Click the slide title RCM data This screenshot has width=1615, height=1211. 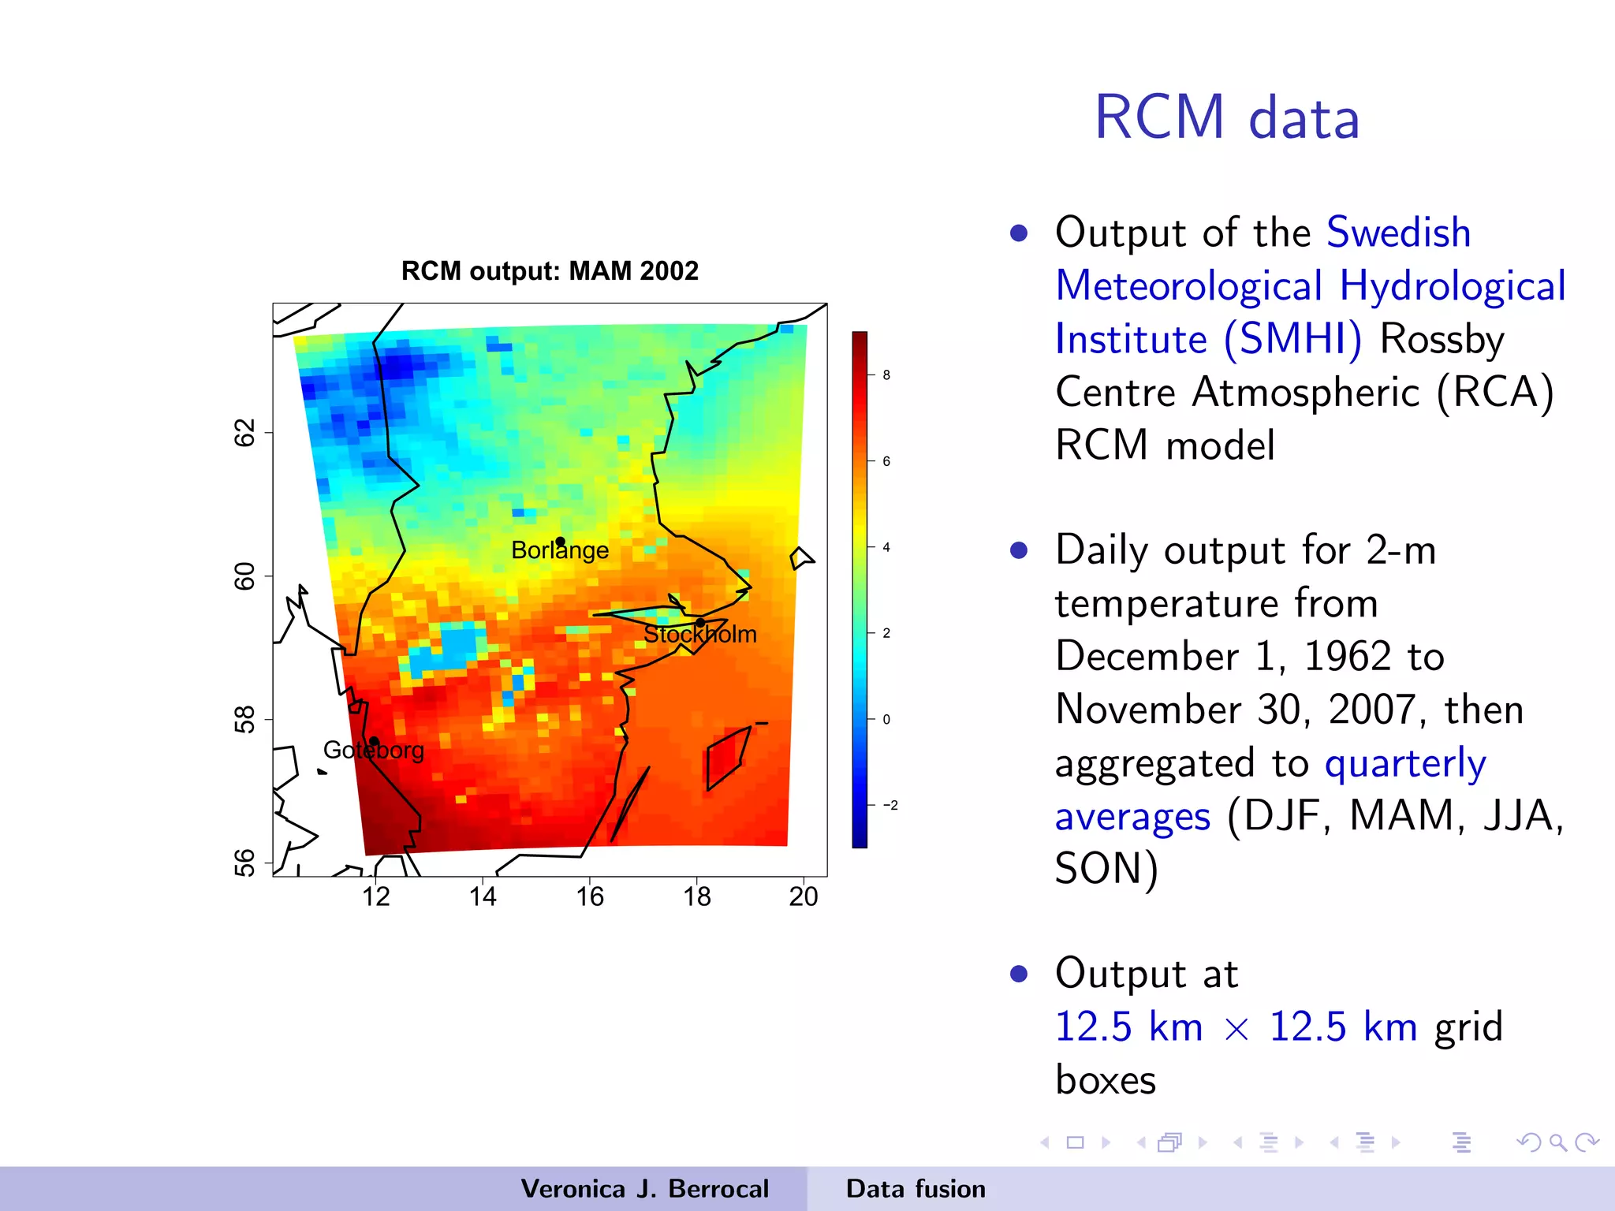1227,118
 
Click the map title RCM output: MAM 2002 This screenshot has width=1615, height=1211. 550,271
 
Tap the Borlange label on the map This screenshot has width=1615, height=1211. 559,550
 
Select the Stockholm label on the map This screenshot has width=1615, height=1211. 699,634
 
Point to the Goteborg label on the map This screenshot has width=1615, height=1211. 373,750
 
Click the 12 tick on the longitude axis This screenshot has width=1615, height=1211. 376,896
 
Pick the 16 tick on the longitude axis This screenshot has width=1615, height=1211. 590,896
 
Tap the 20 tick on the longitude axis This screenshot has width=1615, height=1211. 804,896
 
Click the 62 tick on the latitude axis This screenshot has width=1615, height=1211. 245,433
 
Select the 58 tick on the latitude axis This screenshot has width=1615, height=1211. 245,720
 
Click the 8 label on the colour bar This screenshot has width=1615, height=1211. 886,375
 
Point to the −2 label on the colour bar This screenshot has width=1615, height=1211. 890,806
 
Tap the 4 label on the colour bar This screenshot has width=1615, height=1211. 886,547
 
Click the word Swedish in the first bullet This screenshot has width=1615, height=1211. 1398,233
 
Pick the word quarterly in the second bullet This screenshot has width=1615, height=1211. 1405,763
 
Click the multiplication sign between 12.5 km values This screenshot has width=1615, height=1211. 1236,1029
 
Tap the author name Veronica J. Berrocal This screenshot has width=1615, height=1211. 644,1189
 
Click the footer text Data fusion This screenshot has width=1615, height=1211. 916,1189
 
